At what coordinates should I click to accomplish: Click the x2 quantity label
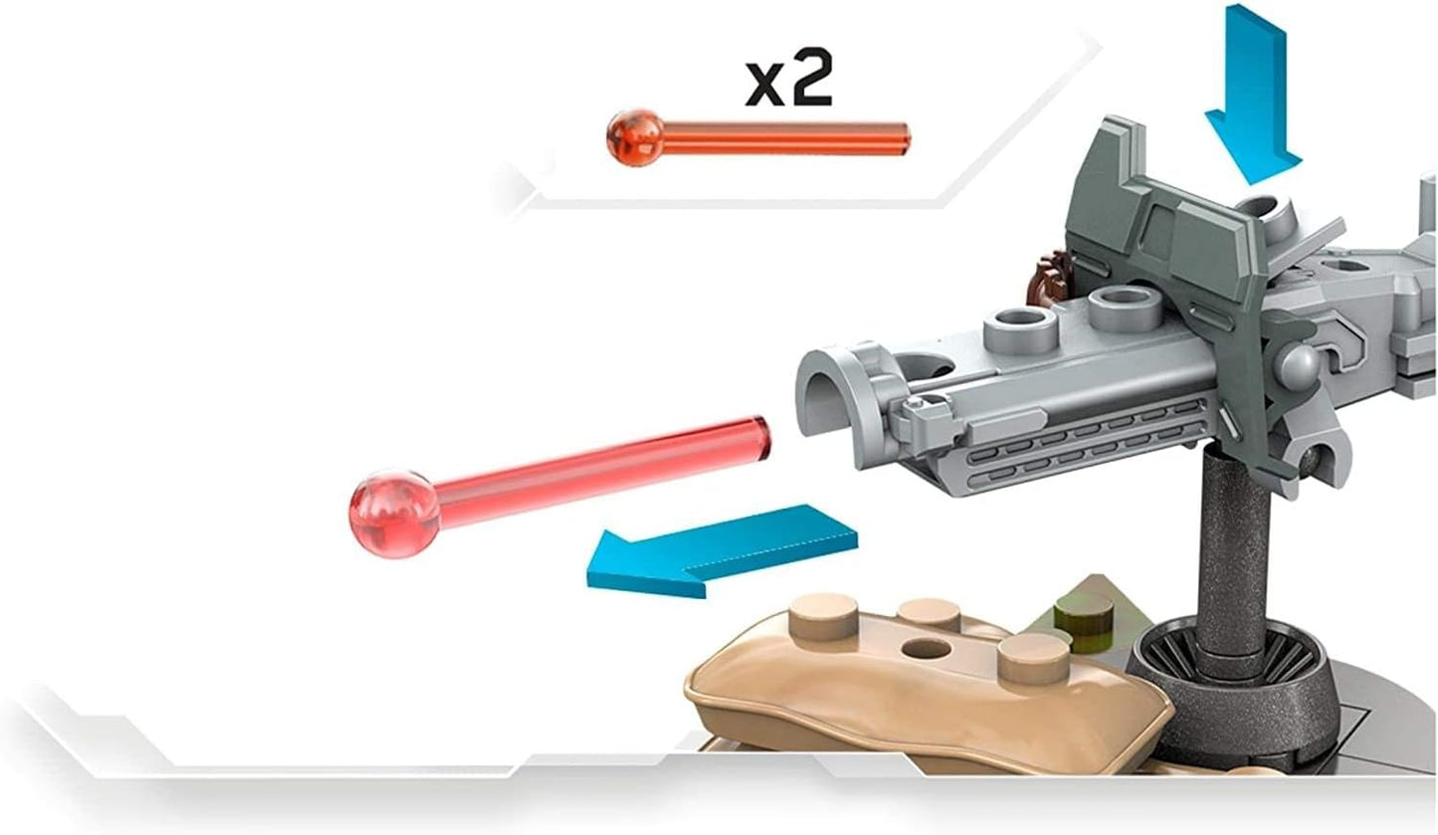tap(789, 81)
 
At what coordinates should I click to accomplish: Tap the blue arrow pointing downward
tap(1252, 97)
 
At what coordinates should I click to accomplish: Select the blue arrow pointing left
tap(722, 552)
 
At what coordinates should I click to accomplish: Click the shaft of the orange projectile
tap(786, 138)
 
